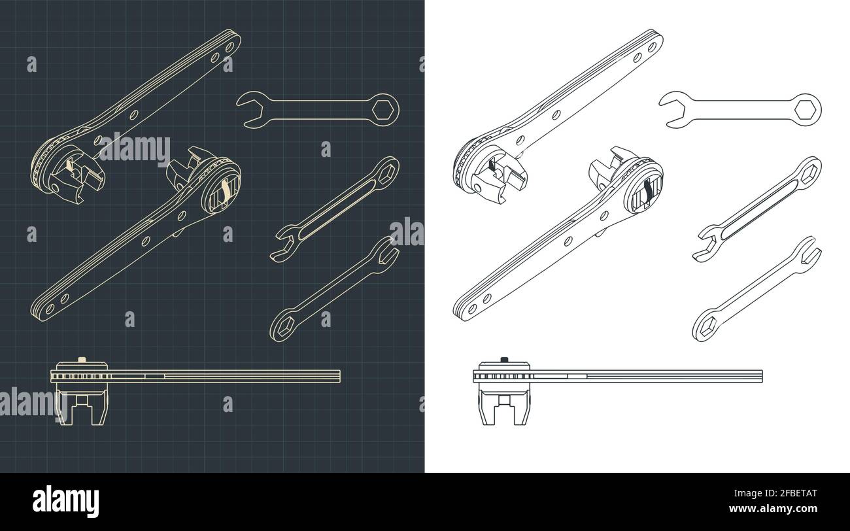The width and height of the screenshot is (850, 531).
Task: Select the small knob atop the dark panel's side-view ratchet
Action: point(82,358)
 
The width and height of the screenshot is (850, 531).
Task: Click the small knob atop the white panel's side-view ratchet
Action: point(504,358)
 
